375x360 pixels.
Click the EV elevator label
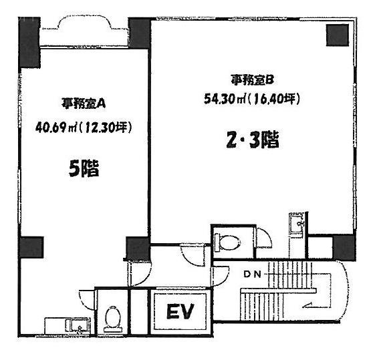180,311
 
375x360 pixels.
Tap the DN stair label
252,275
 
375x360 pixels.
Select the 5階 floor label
84,168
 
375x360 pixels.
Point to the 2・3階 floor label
253,140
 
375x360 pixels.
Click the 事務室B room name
252,80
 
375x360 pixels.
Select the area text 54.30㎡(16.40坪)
252,99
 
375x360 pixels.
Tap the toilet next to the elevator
113,319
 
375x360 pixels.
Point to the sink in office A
78,326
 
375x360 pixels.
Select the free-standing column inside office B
338,35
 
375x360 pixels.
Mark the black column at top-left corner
29,43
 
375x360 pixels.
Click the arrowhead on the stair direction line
307,305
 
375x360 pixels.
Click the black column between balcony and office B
140,33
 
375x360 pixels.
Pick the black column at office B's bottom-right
344,247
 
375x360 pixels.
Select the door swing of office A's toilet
87,300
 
